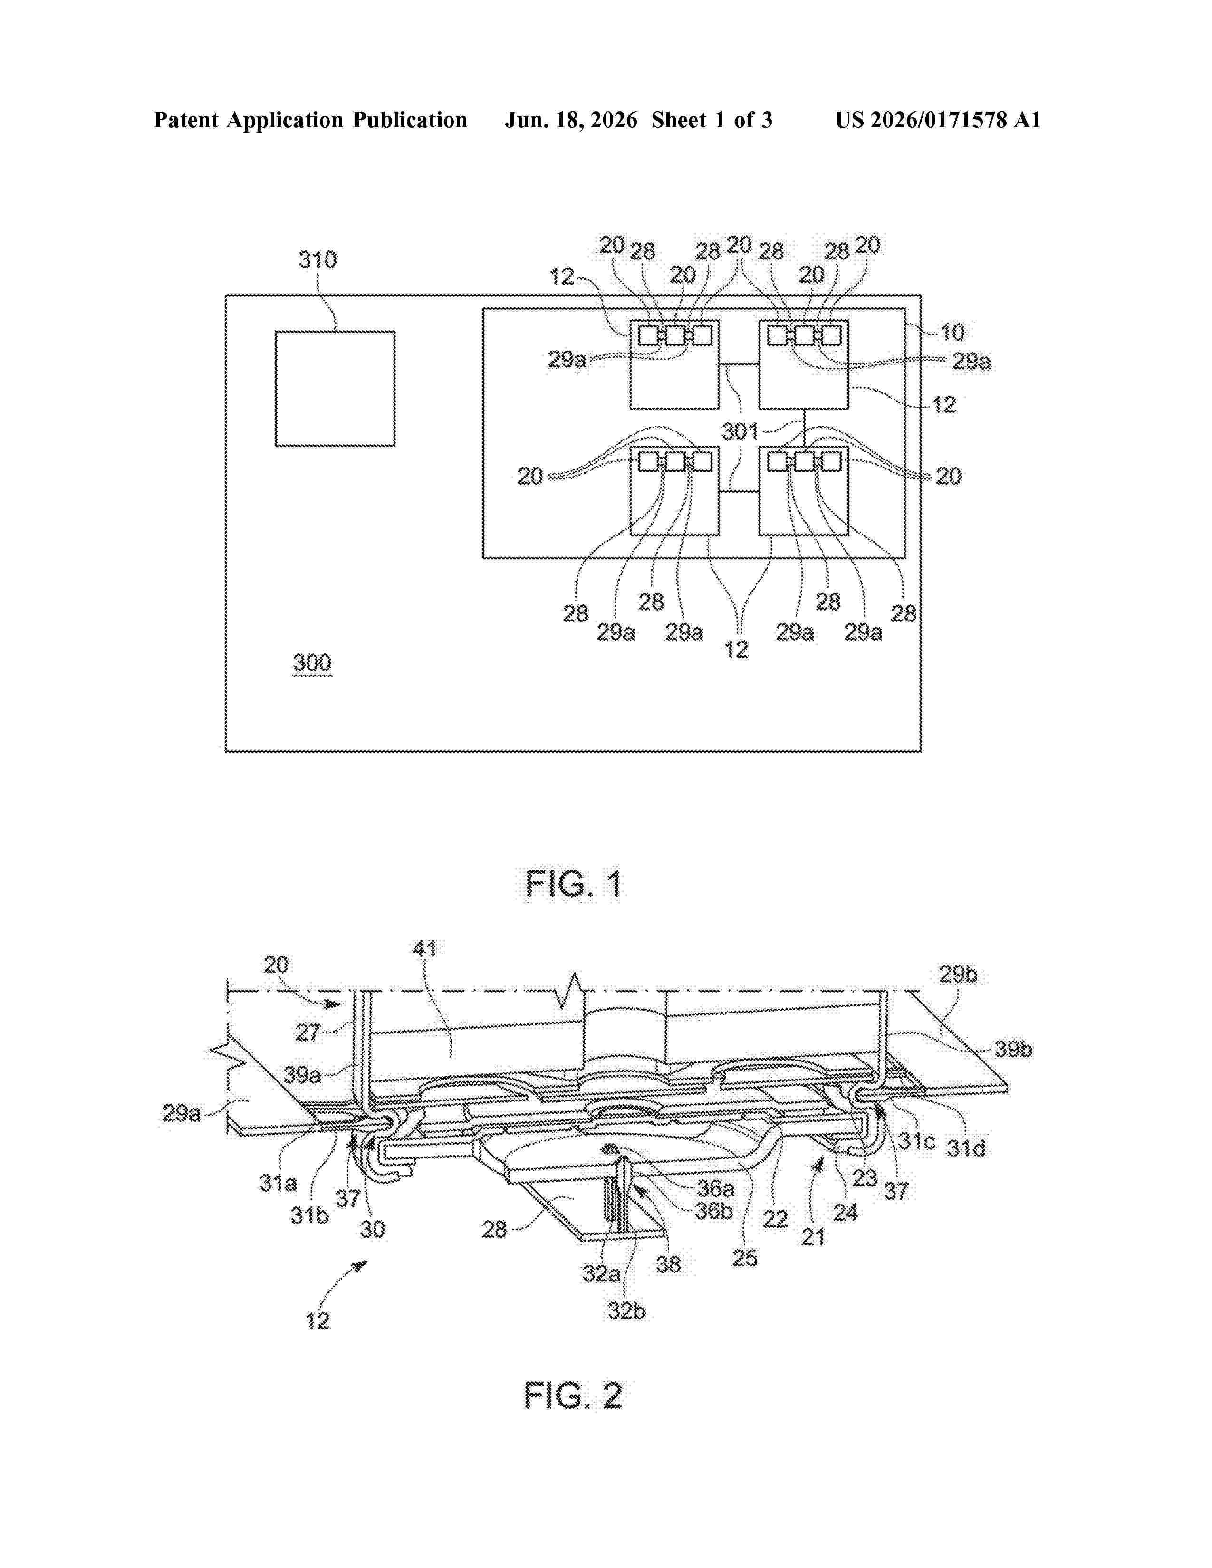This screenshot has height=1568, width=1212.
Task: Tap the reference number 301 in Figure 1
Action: [x=740, y=431]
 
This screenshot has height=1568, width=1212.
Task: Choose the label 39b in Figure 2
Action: [x=1013, y=1049]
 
